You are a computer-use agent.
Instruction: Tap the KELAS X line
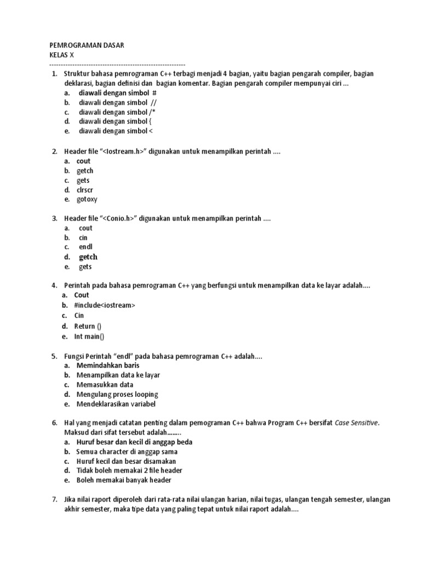(65, 55)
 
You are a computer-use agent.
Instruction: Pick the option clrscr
(85, 190)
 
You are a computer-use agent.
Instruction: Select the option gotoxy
(87, 199)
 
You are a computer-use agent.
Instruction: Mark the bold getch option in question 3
(88, 257)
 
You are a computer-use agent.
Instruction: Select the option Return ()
(88, 326)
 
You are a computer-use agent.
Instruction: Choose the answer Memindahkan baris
(108, 365)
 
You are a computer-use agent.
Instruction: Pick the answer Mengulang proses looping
(117, 394)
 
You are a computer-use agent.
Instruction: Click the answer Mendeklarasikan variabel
(116, 404)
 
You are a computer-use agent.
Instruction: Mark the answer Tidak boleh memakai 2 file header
(129, 470)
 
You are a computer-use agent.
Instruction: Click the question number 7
(54, 499)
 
